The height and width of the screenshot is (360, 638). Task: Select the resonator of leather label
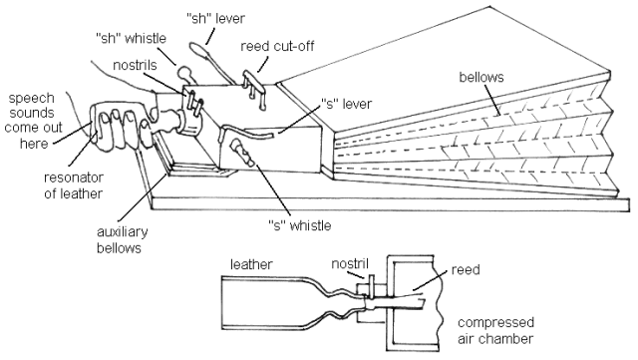(x=41, y=186)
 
